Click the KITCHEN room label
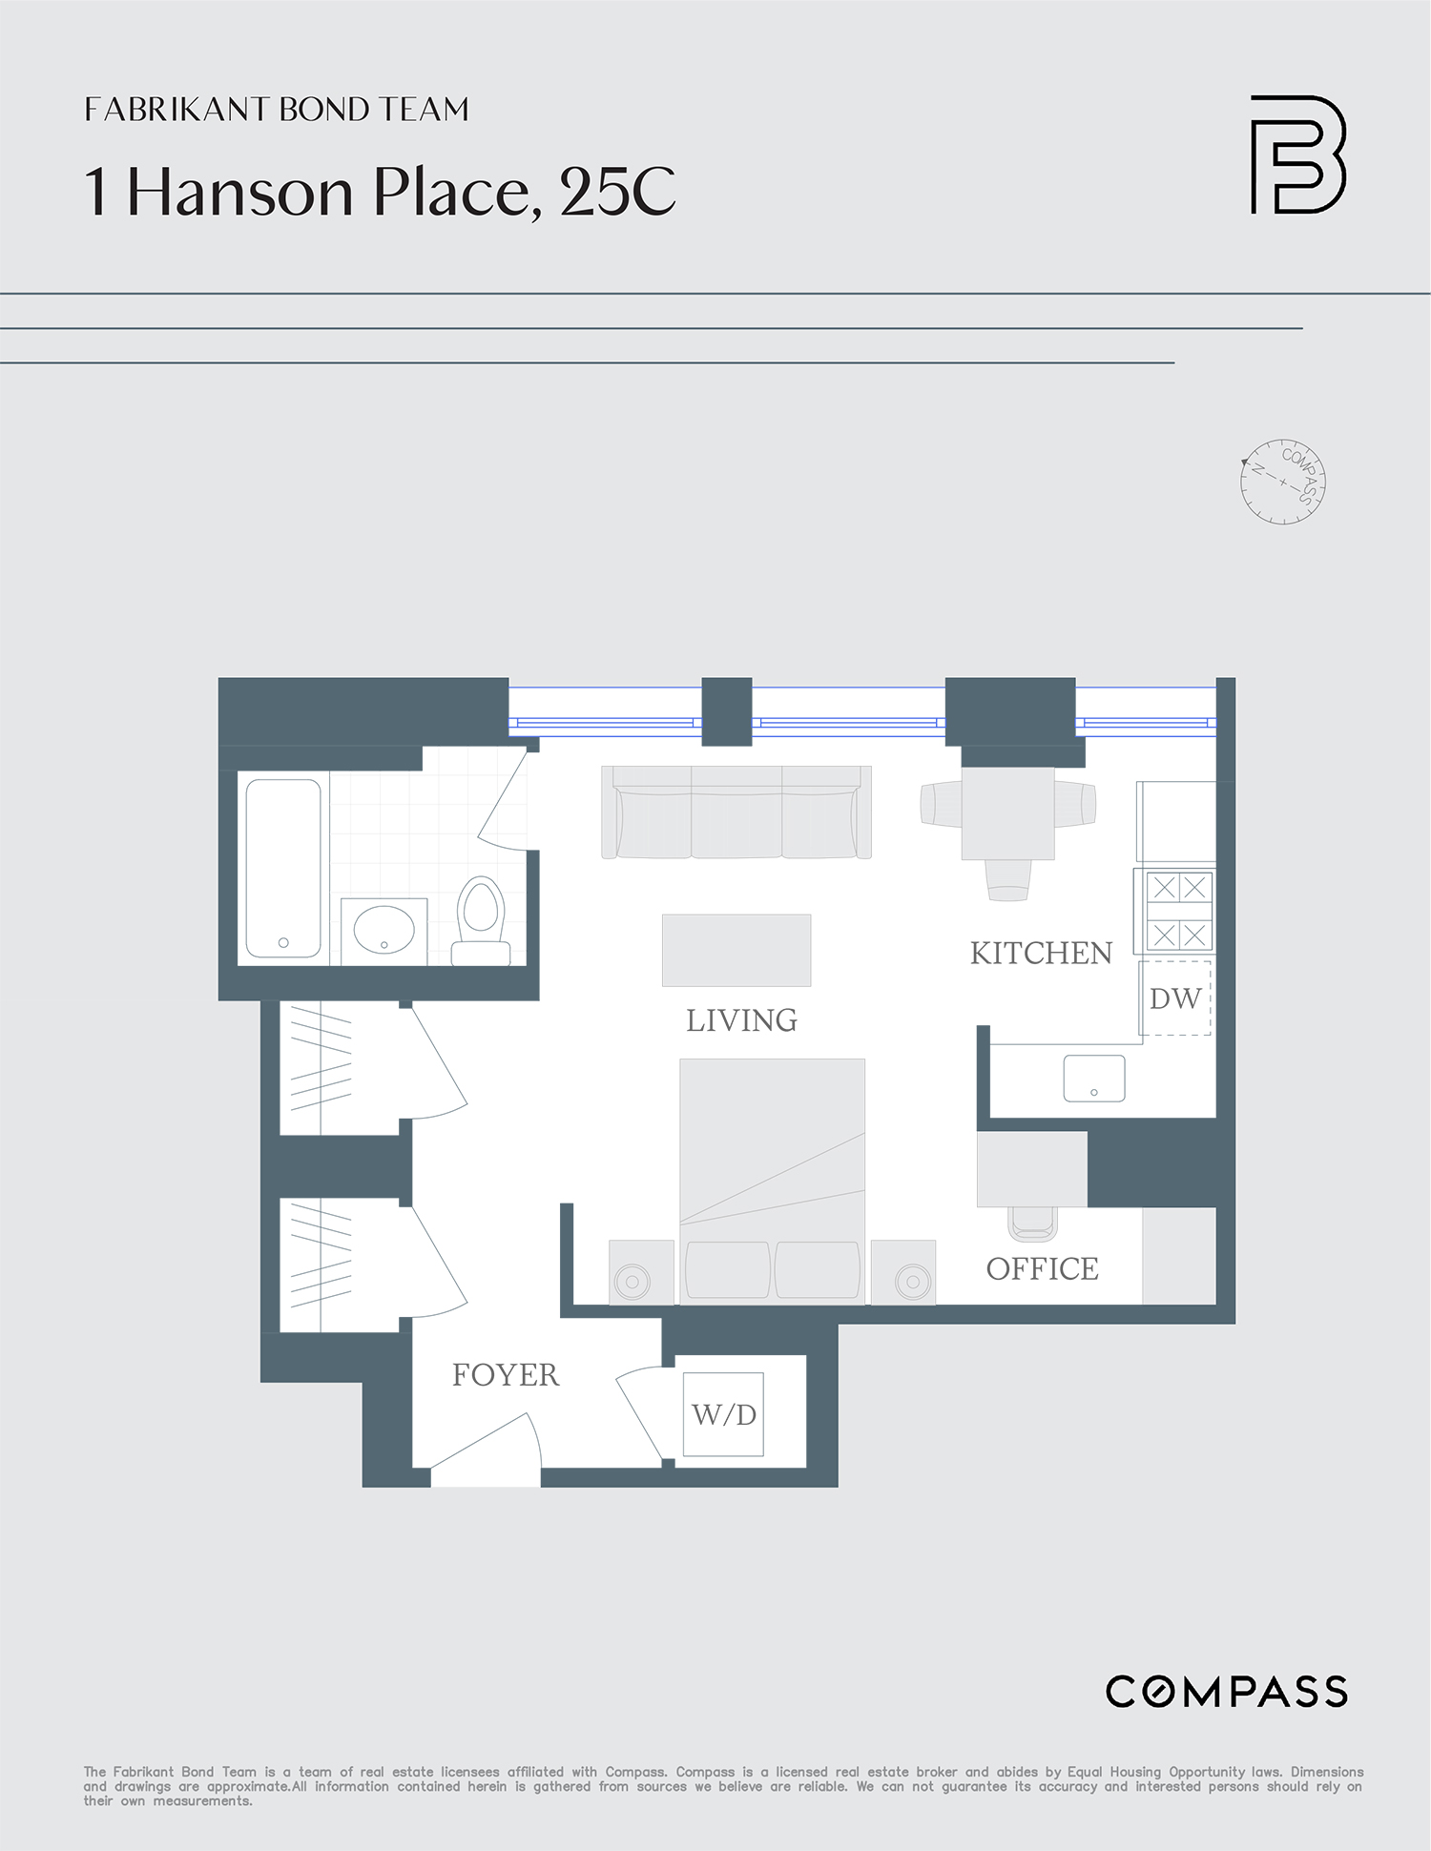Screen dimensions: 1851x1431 [x=1041, y=954]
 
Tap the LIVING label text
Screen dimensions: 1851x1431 [x=741, y=1020]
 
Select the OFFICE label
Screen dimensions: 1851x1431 [x=1042, y=1269]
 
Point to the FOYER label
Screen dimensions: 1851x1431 [x=505, y=1375]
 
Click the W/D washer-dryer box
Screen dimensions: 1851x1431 [x=723, y=1414]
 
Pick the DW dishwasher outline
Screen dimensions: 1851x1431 [x=1175, y=998]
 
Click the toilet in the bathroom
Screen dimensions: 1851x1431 [x=481, y=919]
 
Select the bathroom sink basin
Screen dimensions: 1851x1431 [x=384, y=930]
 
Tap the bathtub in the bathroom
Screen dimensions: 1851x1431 [x=283, y=868]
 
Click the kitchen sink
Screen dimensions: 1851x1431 [x=1094, y=1079]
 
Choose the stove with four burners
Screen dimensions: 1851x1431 [x=1178, y=912]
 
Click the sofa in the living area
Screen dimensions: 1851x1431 [x=736, y=812]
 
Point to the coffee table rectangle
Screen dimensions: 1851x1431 [x=736, y=950]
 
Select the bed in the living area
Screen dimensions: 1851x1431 [x=772, y=1179]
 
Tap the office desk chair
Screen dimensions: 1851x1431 [x=1032, y=1223]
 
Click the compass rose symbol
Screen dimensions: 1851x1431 [x=1283, y=482]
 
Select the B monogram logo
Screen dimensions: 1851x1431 [x=1297, y=154]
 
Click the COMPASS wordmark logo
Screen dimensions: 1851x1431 [x=1226, y=1692]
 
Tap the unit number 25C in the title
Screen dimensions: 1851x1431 [x=617, y=192]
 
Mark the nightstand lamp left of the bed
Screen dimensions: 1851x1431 [x=633, y=1281]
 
